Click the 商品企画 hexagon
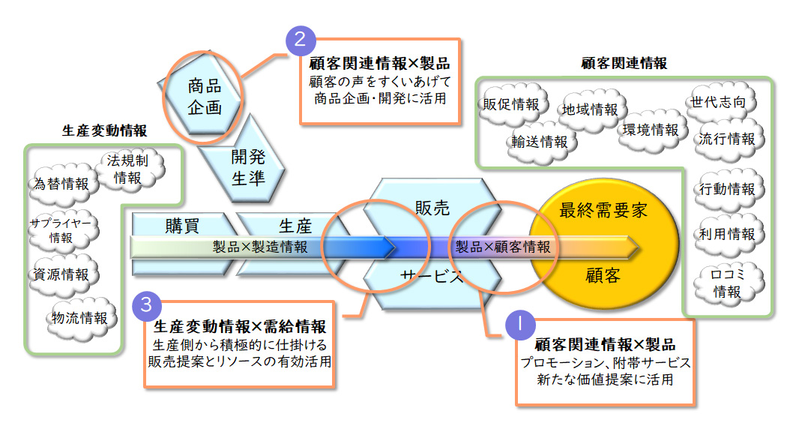pyautogui.click(x=205, y=96)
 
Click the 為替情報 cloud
pyautogui.click(x=61, y=184)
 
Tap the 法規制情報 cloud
pyautogui.click(x=127, y=169)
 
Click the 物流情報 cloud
pyautogui.click(x=79, y=317)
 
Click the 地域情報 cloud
pyautogui.click(x=590, y=110)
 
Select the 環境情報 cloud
pyautogui.click(x=650, y=130)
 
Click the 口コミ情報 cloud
pyautogui.click(x=725, y=283)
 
